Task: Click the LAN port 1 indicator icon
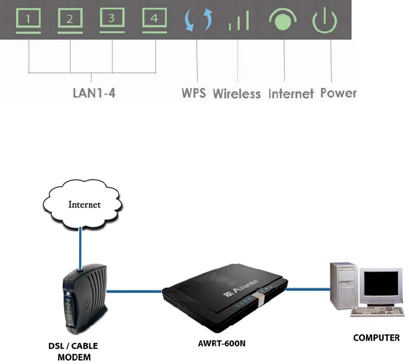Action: [28, 21]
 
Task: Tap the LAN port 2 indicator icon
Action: [70, 21]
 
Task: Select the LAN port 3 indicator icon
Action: [112, 21]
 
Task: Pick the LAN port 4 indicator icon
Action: [154, 21]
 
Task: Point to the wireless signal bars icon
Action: [238, 21]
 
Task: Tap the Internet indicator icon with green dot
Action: [283, 20]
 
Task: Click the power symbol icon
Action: [324, 21]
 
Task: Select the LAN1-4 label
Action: [94, 93]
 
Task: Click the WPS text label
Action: [193, 93]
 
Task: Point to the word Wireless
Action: [237, 94]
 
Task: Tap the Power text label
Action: [338, 93]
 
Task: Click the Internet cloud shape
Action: [82, 204]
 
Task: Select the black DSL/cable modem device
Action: [84, 299]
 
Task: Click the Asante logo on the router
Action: [241, 288]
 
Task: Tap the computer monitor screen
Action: [381, 283]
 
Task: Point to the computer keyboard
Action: [377, 311]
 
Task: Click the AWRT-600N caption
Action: [222, 343]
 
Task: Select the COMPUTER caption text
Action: [376, 338]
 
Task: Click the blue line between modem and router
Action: [134, 291]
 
